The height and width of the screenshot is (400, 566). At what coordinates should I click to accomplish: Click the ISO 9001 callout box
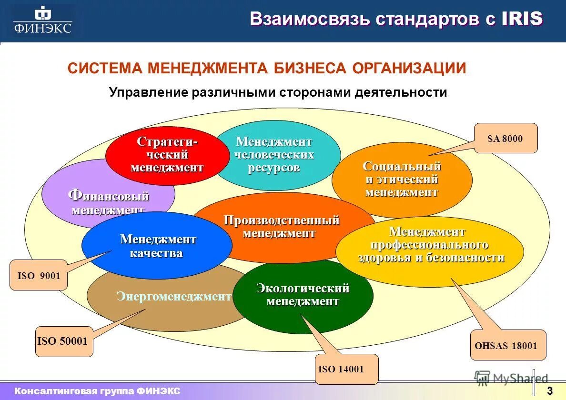pyautogui.click(x=39, y=275)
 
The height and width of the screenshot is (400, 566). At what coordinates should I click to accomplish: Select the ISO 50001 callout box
pyautogui.click(x=64, y=341)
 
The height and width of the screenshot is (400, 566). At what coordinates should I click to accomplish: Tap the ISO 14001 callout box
pyautogui.click(x=347, y=369)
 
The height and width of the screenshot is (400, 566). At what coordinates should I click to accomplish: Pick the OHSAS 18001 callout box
pyautogui.click(x=508, y=345)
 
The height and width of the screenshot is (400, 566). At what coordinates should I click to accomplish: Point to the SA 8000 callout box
pyautogui.click(x=505, y=139)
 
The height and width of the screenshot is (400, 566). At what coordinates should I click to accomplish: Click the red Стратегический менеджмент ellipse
pyautogui.click(x=167, y=155)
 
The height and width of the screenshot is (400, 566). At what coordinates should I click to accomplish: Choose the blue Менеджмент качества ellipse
pyautogui.click(x=157, y=246)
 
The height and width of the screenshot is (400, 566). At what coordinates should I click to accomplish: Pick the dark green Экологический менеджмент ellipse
pyautogui.click(x=303, y=295)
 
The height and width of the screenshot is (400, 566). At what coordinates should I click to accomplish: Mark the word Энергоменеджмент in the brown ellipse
pyautogui.click(x=174, y=297)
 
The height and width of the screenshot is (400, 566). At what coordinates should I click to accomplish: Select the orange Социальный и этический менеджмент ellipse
pyautogui.click(x=402, y=180)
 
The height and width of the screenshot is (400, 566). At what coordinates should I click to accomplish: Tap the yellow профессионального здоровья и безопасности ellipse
pyautogui.click(x=430, y=251)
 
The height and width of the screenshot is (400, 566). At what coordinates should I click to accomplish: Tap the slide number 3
pyautogui.click(x=549, y=391)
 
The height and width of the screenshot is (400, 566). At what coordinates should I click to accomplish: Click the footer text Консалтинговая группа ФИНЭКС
pyautogui.click(x=97, y=391)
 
